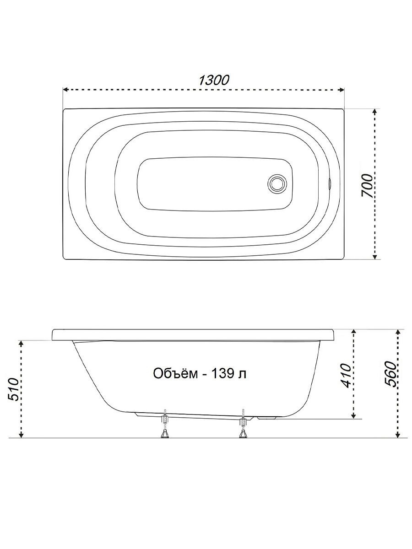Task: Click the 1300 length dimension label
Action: click(214, 80)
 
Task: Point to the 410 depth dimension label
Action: click(346, 376)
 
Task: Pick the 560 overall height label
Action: click(391, 374)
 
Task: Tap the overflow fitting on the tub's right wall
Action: click(330, 183)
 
